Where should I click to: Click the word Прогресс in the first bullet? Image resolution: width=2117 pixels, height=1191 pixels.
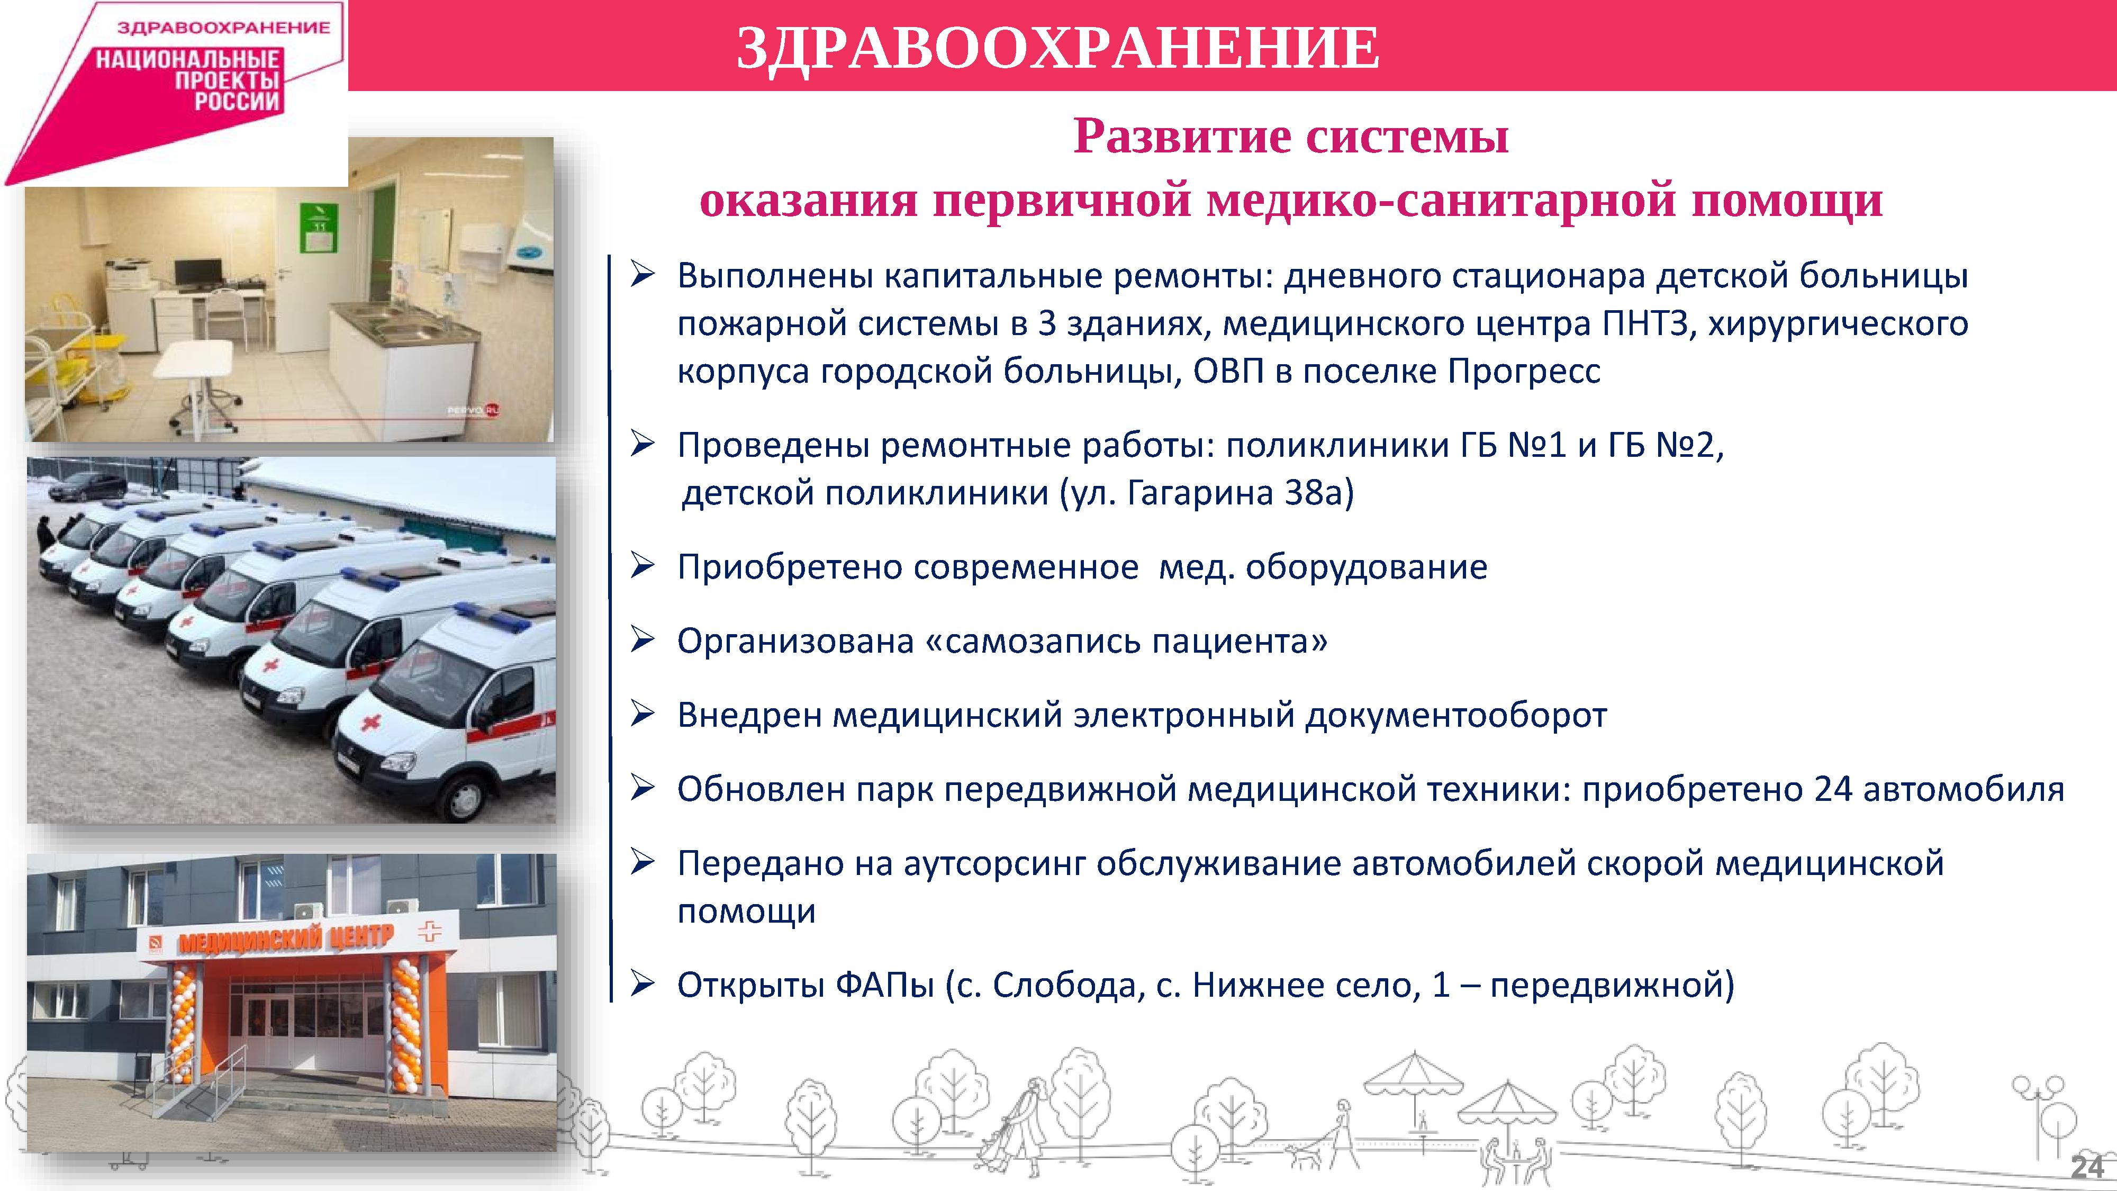[x=1524, y=372]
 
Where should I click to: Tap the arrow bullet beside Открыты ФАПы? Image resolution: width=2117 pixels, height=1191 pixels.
[x=642, y=982]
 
